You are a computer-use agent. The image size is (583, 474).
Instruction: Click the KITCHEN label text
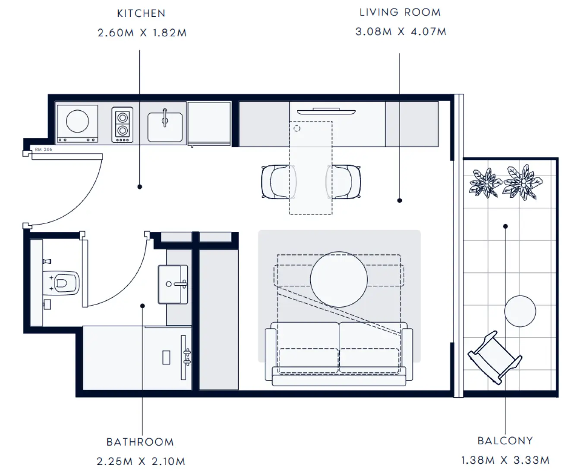click(141, 13)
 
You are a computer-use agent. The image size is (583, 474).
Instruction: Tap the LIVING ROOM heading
click(400, 12)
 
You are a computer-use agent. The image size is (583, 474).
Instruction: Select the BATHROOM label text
click(140, 442)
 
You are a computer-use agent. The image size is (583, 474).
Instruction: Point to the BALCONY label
click(505, 441)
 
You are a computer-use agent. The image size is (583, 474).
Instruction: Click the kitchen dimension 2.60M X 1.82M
click(142, 33)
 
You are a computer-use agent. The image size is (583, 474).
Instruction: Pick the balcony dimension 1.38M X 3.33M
click(505, 460)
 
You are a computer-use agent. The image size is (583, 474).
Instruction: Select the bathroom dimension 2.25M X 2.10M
click(141, 462)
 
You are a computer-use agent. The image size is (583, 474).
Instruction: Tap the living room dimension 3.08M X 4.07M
click(401, 32)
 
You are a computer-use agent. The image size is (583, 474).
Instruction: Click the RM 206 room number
click(44, 149)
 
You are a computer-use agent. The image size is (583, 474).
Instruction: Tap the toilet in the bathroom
click(61, 283)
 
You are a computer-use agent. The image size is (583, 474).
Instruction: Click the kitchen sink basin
click(165, 127)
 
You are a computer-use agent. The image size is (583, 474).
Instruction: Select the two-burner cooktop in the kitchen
click(123, 125)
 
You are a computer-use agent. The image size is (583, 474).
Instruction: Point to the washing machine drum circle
click(77, 121)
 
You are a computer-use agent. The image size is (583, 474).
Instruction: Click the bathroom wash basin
click(173, 284)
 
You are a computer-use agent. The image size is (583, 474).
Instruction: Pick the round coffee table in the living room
click(339, 279)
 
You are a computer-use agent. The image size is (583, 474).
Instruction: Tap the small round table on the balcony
click(520, 311)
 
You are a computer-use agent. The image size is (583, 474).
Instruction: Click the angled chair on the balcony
click(495, 358)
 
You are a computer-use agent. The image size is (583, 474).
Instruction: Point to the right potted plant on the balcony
click(523, 182)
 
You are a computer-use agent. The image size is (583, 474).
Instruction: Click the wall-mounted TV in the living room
click(326, 111)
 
